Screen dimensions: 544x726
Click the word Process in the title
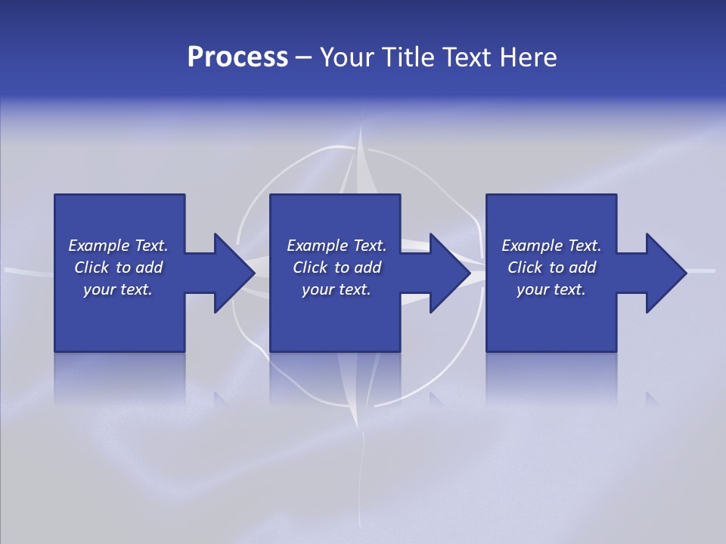coord(237,57)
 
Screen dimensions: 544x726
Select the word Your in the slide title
coord(347,57)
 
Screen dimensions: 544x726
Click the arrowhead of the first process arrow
coord(234,273)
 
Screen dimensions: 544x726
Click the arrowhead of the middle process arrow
coord(451,273)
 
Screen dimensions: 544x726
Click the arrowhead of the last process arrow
coord(666,273)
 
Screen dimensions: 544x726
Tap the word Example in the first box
coord(99,246)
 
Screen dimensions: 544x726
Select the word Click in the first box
coord(91,267)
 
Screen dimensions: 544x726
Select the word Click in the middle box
coord(309,267)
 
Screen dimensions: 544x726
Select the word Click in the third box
coord(524,267)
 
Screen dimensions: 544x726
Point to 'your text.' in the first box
coord(118,289)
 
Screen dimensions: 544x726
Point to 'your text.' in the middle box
coord(337,289)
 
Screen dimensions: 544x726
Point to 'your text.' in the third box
coord(551,289)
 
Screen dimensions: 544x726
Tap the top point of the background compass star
coord(362,130)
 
